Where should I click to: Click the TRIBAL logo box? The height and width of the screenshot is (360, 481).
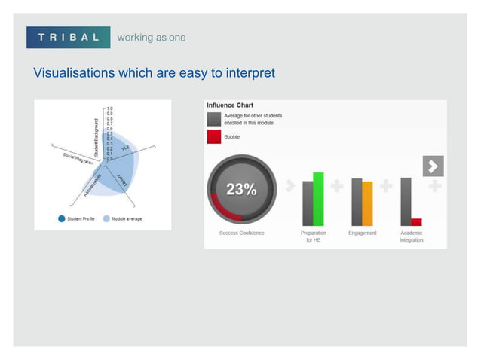(69, 38)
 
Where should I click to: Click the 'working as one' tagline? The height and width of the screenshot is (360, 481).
(151, 38)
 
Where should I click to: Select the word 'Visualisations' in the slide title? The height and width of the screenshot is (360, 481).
(73, 73)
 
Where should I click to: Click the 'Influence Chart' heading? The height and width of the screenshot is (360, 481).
(231, 105)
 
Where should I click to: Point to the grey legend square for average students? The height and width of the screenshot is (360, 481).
(214, 119)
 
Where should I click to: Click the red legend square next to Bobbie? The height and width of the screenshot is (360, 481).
(214, 136)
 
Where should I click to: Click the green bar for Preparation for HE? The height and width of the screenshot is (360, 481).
(318, 199)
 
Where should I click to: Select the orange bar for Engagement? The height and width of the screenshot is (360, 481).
(367, 203)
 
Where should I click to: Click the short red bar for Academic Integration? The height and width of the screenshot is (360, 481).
(416, 221)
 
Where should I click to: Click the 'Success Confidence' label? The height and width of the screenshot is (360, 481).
(241, 233)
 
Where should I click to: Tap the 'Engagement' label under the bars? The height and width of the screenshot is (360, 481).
(363, 233)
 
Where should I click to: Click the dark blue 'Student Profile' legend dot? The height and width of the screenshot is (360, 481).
(61, 219)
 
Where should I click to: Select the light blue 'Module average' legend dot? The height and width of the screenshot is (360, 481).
(106, 219)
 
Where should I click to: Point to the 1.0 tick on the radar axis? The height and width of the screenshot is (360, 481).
(110, 108)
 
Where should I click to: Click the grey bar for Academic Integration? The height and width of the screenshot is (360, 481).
(406, 201)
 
